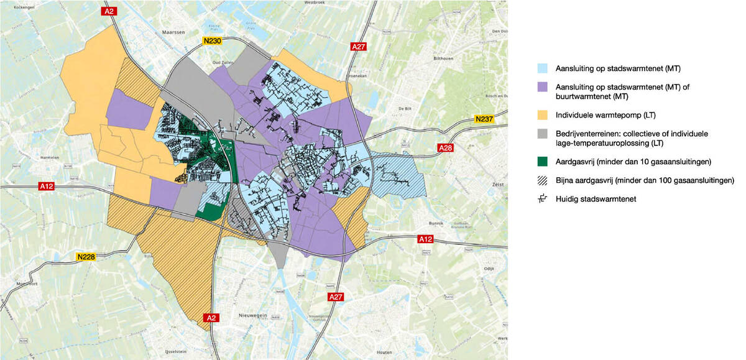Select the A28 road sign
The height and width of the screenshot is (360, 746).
pyautogui.click(x=446, y=148)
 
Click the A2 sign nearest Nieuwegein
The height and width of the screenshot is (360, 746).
pyautogui.click(x=211, y=318)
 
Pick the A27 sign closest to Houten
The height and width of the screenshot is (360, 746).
pyautogui.click(x=336, y=297)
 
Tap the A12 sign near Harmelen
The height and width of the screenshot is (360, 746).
pyautogui.click(x=47, y=185)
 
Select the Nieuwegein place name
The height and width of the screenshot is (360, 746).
pyautogui.click(x=252, y=316)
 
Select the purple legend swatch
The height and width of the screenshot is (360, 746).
pyautogui.click(x=543, y=88)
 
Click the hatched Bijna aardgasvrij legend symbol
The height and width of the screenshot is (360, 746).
pyautogui.click(x=543, y=181)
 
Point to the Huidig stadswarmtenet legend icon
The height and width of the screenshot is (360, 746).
pyautogui.click(x=543, y=198)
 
